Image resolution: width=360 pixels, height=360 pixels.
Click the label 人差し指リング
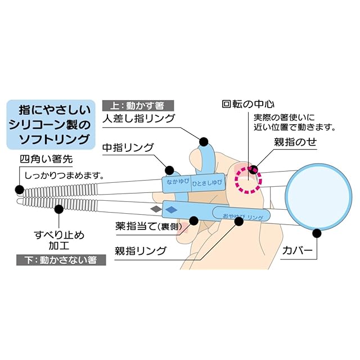(139, 119)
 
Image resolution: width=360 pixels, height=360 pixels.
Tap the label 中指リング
(128, 148)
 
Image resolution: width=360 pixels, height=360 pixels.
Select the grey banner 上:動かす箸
(138, 105)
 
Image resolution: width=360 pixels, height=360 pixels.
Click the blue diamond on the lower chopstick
(172, 209)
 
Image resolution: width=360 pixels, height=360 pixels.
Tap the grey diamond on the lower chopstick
(156, 209)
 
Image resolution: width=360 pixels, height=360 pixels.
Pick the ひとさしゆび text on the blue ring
(207, 183)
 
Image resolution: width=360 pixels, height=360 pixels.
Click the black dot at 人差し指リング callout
(204, 141)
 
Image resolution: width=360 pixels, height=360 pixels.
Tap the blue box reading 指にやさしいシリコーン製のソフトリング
(49, 124)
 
